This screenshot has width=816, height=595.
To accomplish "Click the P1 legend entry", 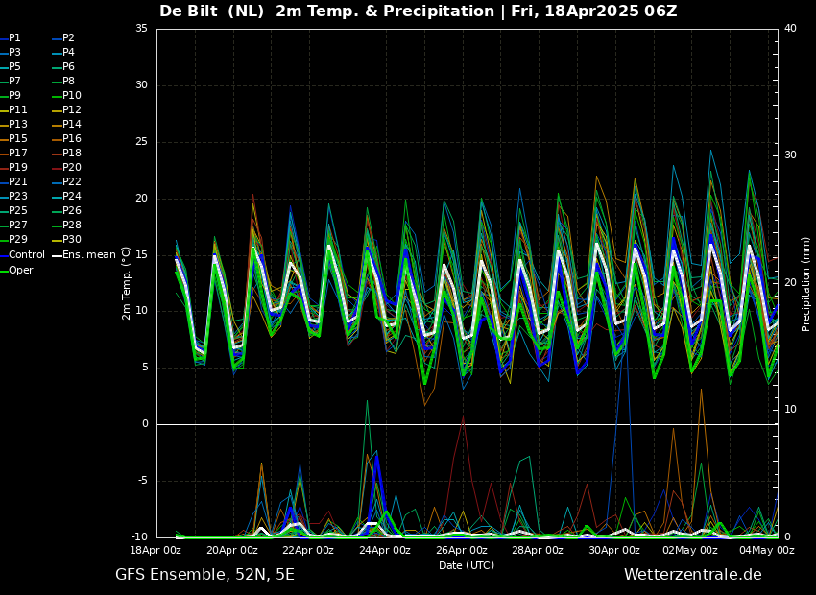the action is (11, 38).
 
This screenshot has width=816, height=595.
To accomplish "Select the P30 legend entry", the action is (66, 239).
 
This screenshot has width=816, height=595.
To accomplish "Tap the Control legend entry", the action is (22, 255).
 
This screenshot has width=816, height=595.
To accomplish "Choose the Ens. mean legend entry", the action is (84, 255).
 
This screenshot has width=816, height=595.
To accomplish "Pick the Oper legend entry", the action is (16, 270).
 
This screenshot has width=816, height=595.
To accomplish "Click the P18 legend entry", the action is (66, 153).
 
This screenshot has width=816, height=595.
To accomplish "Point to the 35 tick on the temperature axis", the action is (141, 29).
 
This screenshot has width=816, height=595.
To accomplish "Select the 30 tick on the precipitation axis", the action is (790, 155).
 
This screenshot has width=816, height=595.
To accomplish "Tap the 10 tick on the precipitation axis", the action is (790, 410).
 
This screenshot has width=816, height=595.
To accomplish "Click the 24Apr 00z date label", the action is (385, 550).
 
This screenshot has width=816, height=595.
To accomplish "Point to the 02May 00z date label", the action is (690, 550).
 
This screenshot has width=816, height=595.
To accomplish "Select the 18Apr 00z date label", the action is (156, 550).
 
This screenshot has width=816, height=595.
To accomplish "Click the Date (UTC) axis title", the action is (467, 565).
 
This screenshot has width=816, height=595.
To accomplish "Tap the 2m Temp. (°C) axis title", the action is (127, 283).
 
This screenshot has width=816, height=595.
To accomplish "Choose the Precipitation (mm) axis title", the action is (806, 284).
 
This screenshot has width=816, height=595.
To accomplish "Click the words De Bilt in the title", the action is (188, 11).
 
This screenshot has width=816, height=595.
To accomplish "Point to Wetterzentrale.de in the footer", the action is (693, 575).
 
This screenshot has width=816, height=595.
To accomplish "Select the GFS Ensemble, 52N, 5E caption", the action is (205, 575).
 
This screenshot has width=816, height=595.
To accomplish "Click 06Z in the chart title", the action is (660, 11).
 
